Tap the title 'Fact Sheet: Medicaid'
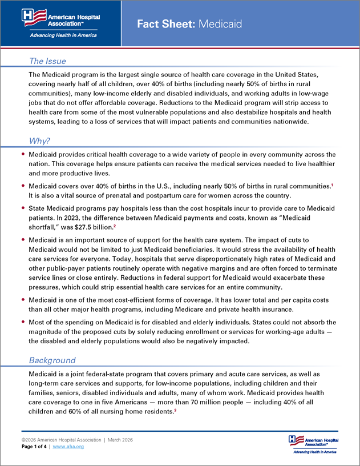pyautogui.click(x=189, y=24)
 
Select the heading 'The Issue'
pyautogui.click(x=47, y=61)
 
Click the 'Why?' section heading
pyautogui.click(x=41, y=141)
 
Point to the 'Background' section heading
pyautogui.click(x=52, y=360)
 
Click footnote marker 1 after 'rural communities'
pyautogui.click(x=331, y=184)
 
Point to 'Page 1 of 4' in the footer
pyautogui.click(x=35, y=447)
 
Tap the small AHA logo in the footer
pyautogui.click(x=313, y=443)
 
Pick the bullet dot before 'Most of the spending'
pyautogui.click(x=23, y=322)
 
